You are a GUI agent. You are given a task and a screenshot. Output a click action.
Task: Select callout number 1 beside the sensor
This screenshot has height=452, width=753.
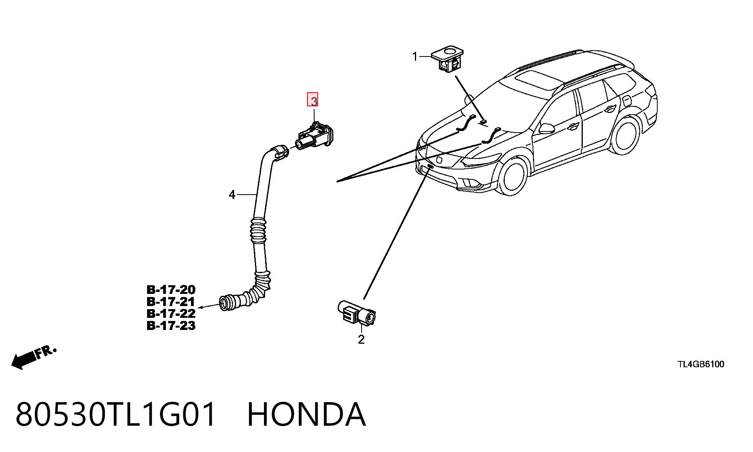[x=415, y=57]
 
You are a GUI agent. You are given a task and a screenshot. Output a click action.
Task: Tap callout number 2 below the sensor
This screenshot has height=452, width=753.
[x=361, y=339]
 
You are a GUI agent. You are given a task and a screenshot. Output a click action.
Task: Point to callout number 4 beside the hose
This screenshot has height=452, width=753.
[x=232, y=195]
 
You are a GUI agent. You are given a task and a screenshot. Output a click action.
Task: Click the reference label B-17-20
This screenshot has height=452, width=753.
[x=171, y=290]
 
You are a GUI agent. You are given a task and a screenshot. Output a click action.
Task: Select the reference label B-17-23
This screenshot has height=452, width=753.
[x=171, y=326]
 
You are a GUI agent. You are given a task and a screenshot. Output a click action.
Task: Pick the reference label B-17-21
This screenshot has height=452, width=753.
[x=171, y=302]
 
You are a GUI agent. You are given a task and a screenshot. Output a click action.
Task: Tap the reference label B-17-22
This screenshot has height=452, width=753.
[x=171, y=313]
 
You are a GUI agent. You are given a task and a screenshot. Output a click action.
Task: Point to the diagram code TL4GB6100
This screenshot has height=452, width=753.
[x=701, y=365]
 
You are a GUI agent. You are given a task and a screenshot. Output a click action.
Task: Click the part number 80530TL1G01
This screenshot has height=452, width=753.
[x=116, y=414]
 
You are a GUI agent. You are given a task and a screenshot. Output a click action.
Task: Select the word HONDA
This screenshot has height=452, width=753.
[x=306, y=414]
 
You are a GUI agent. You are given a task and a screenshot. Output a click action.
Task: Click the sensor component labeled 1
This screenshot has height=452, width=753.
[x=447, y=59]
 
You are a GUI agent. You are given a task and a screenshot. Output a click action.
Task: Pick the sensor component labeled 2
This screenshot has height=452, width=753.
[x=356, y=313]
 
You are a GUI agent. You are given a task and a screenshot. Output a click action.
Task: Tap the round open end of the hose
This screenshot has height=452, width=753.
[x=224, y=304]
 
